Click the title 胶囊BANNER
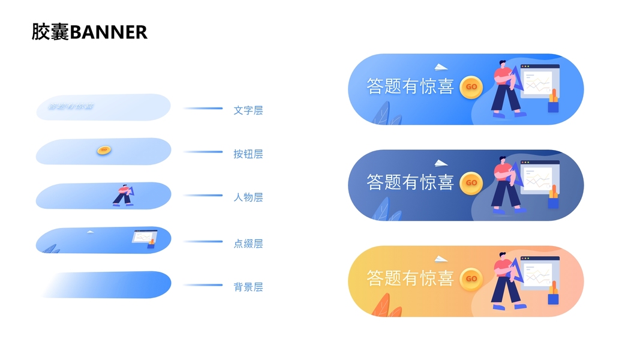(x=89, y=32)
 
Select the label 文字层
(x=248, y=110)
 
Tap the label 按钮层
(x=248, y=154)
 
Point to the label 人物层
(x=248, y=197)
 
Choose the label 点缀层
(x=248, y=244)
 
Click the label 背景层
(x=248, y=287)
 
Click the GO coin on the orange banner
(x=471, y=278)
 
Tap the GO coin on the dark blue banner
(x=471, y=182)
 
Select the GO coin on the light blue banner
(x=471, y=86)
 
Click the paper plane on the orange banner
(x=441, y=259)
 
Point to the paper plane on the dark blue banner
(x=441, y=163)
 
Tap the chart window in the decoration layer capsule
(x=143, y=237)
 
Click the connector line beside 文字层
(x=203, y=109)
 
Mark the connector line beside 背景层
(x=203, y=285)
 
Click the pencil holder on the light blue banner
(x=553, y=103)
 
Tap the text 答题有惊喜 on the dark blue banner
(x=410, y=182)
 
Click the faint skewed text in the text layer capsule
(x=71, y=107)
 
